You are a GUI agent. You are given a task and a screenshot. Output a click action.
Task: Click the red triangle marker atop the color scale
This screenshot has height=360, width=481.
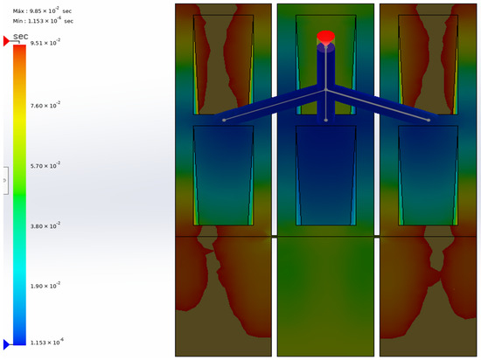click(6, 41)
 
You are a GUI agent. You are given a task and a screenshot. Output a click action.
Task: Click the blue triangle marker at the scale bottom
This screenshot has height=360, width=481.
click(6, 344)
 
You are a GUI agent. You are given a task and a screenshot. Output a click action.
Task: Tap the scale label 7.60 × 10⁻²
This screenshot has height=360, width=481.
click(45, 106)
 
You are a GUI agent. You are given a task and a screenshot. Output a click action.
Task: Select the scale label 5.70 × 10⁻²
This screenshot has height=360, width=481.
click(45, 165)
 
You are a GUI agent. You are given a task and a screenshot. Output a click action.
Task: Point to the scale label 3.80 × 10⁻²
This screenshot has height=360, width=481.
click(45, 225)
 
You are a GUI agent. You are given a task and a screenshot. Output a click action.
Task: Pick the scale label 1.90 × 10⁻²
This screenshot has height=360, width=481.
click(45, 286)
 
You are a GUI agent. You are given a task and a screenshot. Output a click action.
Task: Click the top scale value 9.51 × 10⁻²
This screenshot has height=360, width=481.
click(45, 43)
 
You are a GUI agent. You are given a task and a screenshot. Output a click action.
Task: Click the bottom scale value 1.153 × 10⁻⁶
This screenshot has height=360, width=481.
click(47, 342)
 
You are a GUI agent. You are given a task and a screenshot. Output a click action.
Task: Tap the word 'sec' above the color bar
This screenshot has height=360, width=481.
click(21, 36)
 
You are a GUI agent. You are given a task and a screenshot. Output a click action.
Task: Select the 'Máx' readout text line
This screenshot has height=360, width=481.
click(42, 10)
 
